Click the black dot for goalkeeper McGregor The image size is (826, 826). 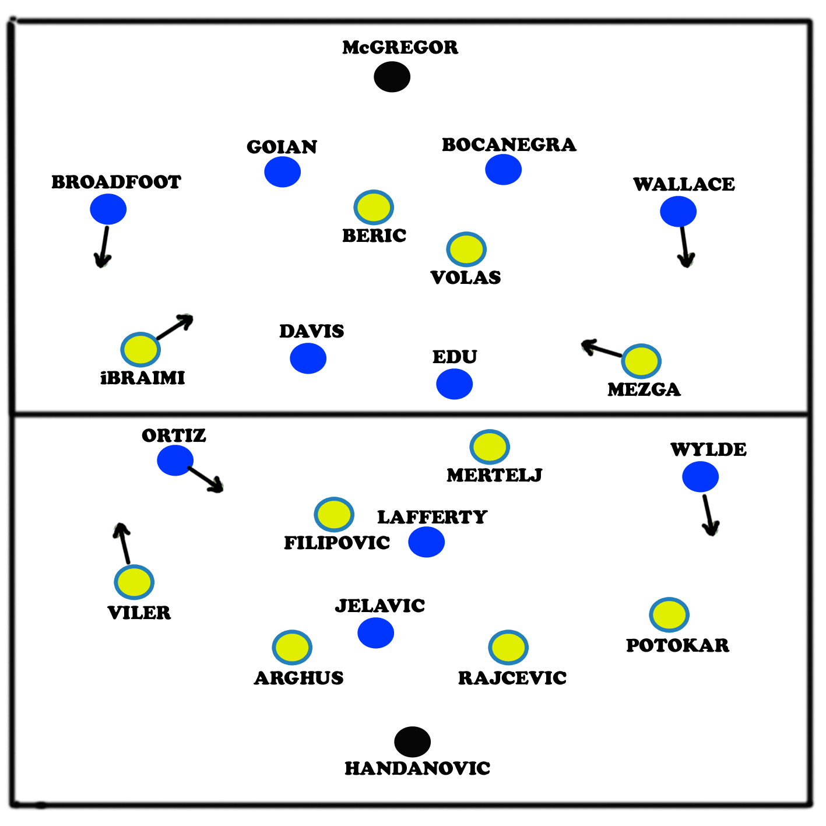[392, 77]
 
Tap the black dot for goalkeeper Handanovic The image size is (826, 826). [412, 742]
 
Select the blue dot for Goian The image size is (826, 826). [282, 172]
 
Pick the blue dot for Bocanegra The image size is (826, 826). [503, 170]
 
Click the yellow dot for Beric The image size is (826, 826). [374, 208]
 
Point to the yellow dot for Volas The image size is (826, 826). [466, 249]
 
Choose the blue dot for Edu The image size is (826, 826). [454, 384]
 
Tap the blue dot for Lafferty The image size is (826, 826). [426, 542]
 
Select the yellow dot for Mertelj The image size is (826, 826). [490, 447]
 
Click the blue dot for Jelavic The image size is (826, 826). [375, 633]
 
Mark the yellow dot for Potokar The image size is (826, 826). [669, 614]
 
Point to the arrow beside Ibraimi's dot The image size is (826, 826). [175, 327]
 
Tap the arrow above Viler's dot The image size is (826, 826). [123, 543]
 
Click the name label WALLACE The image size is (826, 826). [684, 184]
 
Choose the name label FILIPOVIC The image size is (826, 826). [337, 543]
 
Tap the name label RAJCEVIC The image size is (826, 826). [512, 678]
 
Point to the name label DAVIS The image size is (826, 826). [312, 331]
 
